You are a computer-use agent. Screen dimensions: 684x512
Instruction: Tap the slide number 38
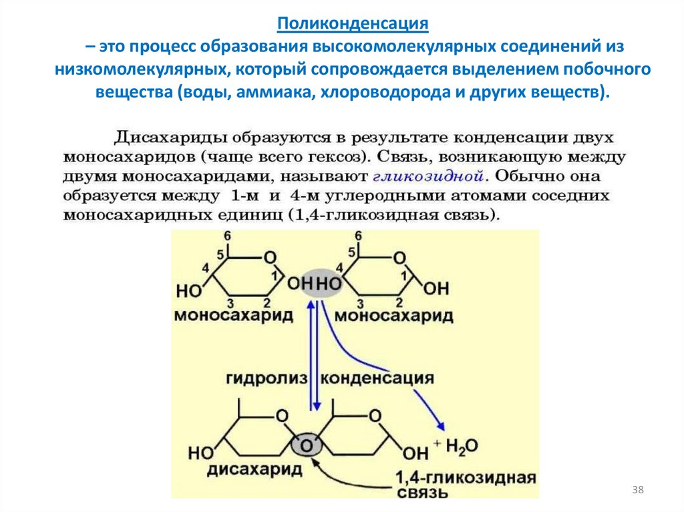point(638,491)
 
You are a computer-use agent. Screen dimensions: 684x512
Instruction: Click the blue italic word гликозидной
point(427,177)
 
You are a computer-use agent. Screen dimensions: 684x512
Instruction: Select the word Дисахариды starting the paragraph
point(168,138)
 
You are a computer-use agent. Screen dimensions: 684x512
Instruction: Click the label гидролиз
point(266,378)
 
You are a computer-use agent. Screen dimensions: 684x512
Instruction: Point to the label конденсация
point(378,378)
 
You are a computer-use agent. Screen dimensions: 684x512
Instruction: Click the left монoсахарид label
point(233,314)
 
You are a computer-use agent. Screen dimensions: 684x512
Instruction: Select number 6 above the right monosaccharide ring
point(358,237)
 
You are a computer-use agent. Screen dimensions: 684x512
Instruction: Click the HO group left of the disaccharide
point(201,453)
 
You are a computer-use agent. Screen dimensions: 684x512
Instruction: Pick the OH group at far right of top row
point(437,288)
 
